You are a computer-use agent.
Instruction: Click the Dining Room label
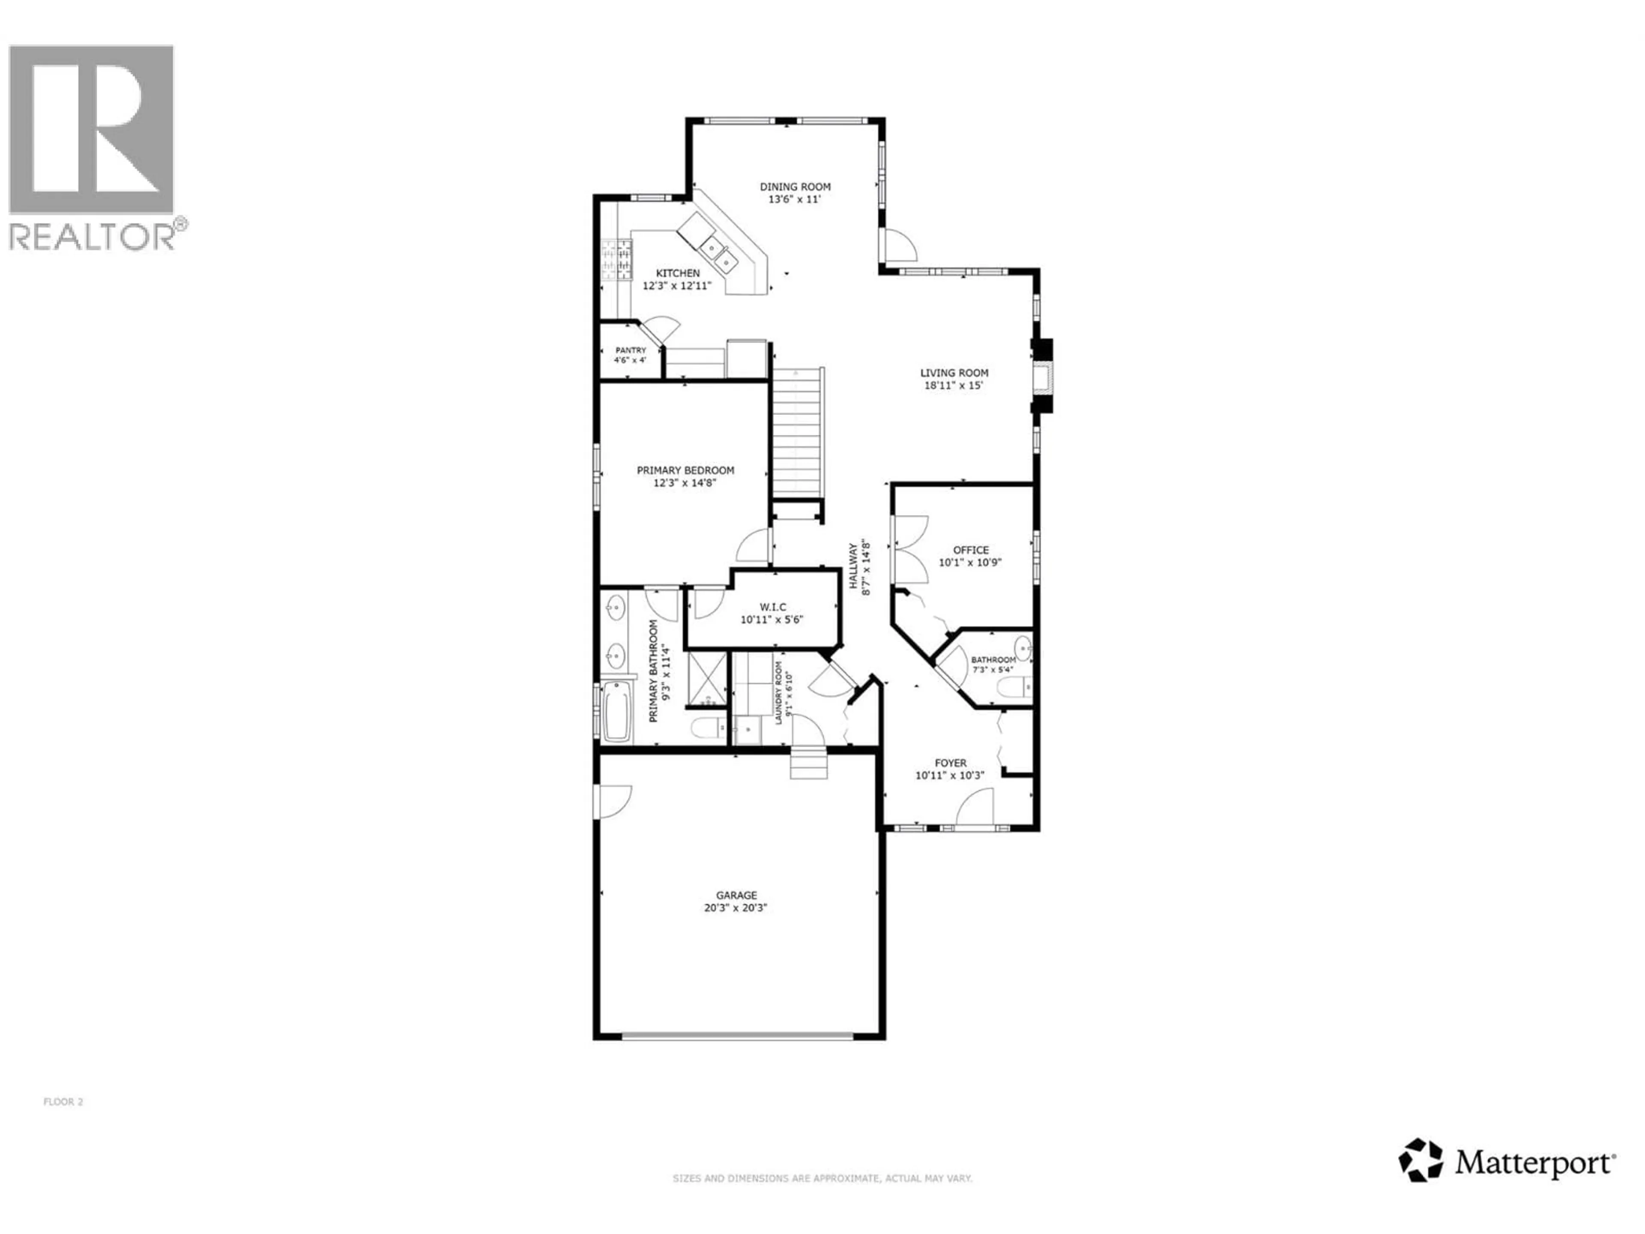click(795, 187)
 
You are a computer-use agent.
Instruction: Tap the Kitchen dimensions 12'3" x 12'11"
click(677, 286)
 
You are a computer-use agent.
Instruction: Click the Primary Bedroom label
click(685, 470)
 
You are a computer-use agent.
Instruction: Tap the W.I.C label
click(773, 607)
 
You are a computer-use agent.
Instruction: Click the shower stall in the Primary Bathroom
click(706, 677)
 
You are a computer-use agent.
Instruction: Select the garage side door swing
click(613, 802)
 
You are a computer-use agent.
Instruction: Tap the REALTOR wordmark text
click(92, 237)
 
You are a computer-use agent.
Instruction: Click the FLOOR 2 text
click(63, 1102)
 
